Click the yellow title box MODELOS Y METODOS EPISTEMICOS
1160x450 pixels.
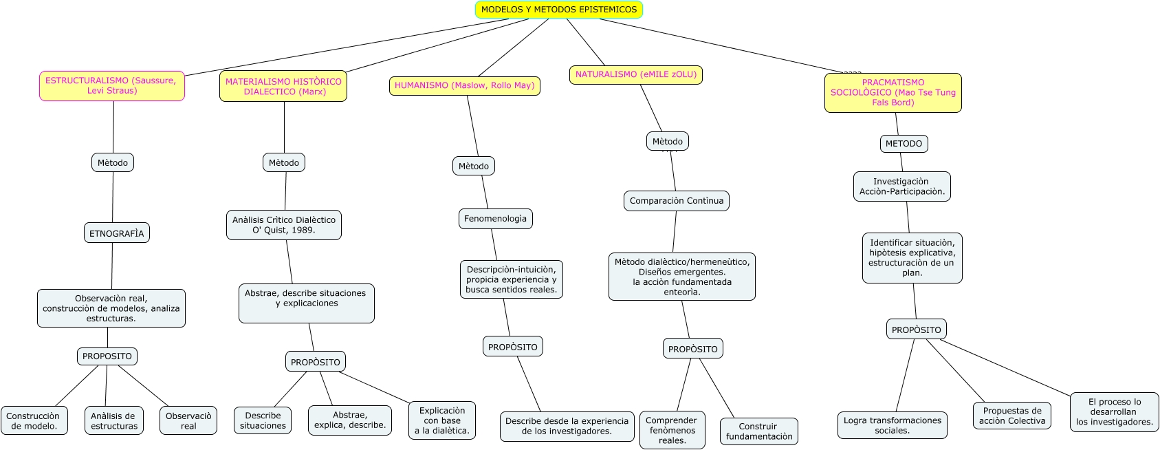[558, 10]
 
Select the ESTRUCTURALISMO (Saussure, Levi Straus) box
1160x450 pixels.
[111, 86]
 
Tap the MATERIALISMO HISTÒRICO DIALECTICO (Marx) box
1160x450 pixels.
[283, 87]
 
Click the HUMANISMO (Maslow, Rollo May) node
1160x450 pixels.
[464, 86]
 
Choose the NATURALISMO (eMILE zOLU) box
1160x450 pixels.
[635, 75]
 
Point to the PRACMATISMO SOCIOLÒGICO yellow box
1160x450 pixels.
[893, 93]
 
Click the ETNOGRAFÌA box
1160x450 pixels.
[116, 233]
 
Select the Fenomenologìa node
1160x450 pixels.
[495, 219]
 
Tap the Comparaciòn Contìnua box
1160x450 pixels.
[676, 201]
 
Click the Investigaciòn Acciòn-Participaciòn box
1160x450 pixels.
[901, 186]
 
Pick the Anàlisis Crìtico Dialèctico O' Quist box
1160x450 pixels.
[283, 225]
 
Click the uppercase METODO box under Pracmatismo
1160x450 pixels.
[903, 144]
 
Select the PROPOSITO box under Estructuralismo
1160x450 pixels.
[107, 356]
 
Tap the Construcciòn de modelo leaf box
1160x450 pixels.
[33, 421]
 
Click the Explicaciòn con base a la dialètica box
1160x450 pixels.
[442, 420]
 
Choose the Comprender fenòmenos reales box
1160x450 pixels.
[672, 430]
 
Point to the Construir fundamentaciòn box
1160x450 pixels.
[758, 431]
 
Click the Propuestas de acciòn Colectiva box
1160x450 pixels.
[1011, 416]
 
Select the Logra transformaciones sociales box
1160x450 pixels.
[892, 425]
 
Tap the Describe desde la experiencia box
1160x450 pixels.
[567, 426]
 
